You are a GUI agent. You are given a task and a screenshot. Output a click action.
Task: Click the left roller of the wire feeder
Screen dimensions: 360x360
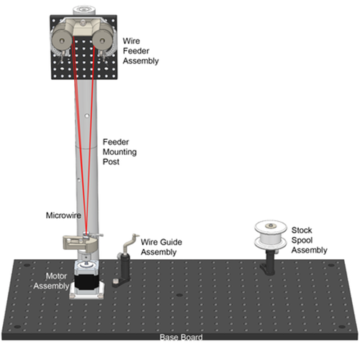coord(62,40)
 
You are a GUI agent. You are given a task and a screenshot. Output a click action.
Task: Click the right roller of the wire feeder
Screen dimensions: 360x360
coord(102,40)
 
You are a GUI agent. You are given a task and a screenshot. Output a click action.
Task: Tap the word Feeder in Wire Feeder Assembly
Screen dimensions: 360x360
coord(136,51)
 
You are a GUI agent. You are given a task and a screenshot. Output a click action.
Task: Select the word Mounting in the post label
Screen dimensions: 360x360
coord(120,152)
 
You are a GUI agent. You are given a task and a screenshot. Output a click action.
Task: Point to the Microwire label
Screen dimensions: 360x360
coord(63,215)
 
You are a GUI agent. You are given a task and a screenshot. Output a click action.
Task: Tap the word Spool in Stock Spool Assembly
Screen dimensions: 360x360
coord(302,240)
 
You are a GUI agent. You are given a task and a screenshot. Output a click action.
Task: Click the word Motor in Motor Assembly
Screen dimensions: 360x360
coord(56,276)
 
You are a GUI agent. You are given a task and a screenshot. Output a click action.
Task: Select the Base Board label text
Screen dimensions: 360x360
coord(181,337)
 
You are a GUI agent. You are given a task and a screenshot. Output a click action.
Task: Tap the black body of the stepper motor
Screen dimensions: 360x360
coord(86,282)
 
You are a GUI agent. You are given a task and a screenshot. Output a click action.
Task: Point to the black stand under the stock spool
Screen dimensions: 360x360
coord(269,263)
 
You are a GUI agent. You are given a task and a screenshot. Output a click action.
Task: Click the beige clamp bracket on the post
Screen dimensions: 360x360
coord(80,243)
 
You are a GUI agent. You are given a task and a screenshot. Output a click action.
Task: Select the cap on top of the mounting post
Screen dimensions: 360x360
coord(84,10)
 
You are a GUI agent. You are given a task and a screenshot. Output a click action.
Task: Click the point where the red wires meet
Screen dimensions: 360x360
coord(86,233)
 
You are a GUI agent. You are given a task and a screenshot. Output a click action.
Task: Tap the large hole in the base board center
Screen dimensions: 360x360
coord(179,295)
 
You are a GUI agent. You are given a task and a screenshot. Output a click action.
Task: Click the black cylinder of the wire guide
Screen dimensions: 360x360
coord(125,266)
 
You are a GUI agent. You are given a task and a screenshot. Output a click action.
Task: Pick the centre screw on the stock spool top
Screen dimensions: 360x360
coord(271,225)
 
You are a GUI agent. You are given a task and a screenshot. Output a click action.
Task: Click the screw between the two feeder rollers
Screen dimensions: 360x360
coord(83,23)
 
